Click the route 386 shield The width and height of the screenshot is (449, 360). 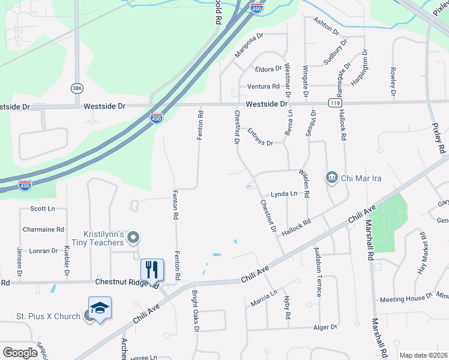pos(77,88)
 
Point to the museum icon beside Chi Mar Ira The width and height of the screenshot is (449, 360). pos(331,178)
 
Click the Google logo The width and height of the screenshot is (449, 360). pos(20,353)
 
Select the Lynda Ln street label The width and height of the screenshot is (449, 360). pos(284,194)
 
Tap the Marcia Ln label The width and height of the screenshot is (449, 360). pos(264,296)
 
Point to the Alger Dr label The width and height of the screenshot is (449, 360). pos(326,328)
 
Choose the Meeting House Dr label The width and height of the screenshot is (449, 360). pos(405,299)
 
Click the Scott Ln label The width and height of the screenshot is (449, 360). pos(42,209)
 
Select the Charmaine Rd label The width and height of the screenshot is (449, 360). pos(43,229)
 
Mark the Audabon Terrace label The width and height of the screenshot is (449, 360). pos(318,272)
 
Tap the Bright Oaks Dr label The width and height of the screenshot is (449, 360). pos(194,311)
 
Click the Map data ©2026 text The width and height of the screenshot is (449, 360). pos(423,355)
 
